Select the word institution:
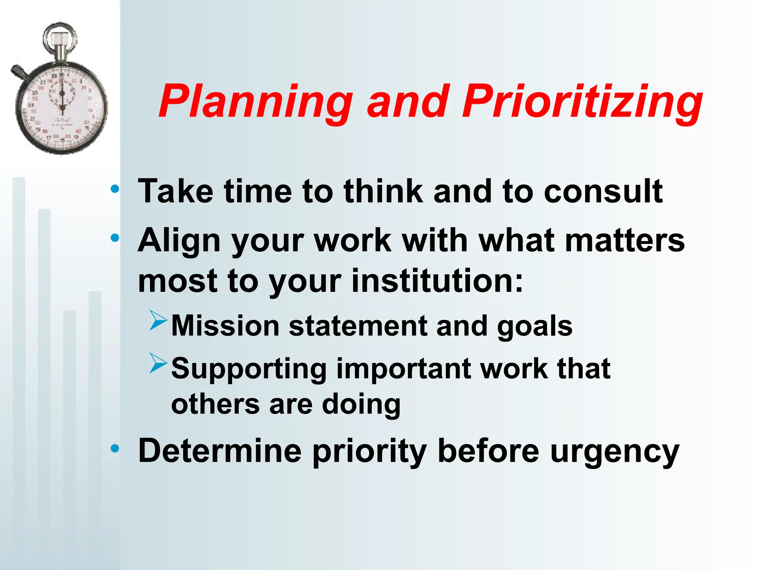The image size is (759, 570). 437,281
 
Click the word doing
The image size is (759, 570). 361,404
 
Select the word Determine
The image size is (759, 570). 220,451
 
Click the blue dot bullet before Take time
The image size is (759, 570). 115,189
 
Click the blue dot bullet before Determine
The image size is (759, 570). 115,449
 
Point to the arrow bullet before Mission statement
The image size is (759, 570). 159,320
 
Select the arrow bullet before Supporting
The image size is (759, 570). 159,363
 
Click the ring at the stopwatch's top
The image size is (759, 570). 60,37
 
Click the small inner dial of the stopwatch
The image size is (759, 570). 62,93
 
